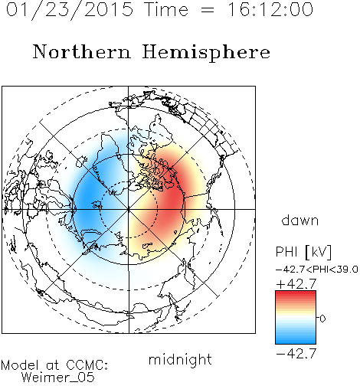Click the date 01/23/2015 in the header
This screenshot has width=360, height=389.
70,10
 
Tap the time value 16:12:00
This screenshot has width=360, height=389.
270,9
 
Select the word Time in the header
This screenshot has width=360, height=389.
166,9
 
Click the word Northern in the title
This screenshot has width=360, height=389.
82,51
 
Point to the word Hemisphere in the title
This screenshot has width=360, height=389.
206,53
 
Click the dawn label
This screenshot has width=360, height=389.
300,220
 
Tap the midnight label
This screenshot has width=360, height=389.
180,359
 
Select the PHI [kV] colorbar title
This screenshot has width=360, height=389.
303,252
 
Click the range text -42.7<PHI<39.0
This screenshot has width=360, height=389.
317,270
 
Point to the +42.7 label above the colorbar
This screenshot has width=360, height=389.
296,283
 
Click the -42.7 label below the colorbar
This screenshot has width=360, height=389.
296,354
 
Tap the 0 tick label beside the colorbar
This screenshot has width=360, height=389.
322,319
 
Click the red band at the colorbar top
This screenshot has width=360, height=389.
296,295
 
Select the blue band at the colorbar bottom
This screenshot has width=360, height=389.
296,339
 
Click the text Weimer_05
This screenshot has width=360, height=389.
58,378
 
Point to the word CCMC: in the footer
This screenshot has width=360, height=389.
87,365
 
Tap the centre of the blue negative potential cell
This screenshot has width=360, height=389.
90,199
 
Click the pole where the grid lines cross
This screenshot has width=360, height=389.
129,209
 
